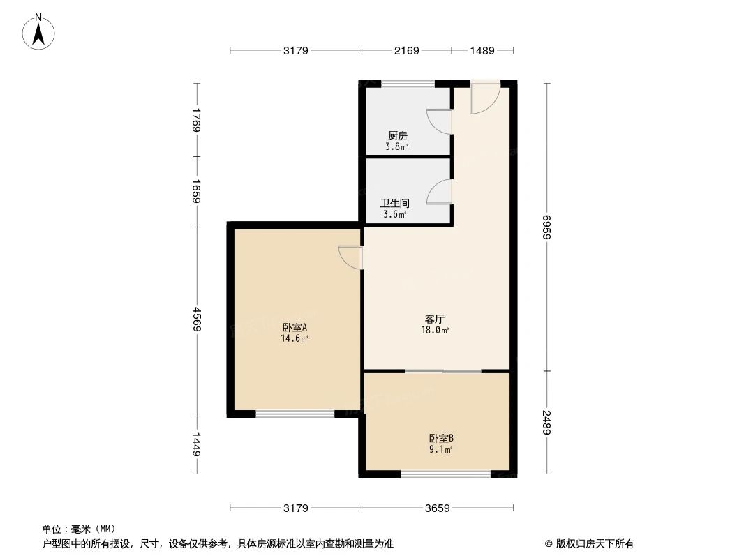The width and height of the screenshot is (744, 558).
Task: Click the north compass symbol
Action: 40,31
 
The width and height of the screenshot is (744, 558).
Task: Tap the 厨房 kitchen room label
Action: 397,136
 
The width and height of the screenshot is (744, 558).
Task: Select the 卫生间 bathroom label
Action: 394,204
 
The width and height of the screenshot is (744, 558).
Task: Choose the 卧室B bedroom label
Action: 441,439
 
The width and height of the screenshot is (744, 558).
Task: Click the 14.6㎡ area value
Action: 295,338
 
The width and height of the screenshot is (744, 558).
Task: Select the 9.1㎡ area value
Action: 441,450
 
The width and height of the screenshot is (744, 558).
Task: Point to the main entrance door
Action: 484,98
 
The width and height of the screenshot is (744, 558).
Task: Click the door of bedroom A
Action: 350,257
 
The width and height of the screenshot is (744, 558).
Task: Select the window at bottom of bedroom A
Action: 295,414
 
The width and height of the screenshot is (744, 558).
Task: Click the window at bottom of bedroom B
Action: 445,475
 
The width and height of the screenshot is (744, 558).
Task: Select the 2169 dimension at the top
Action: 406,50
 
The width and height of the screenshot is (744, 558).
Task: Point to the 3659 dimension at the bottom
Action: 437,508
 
